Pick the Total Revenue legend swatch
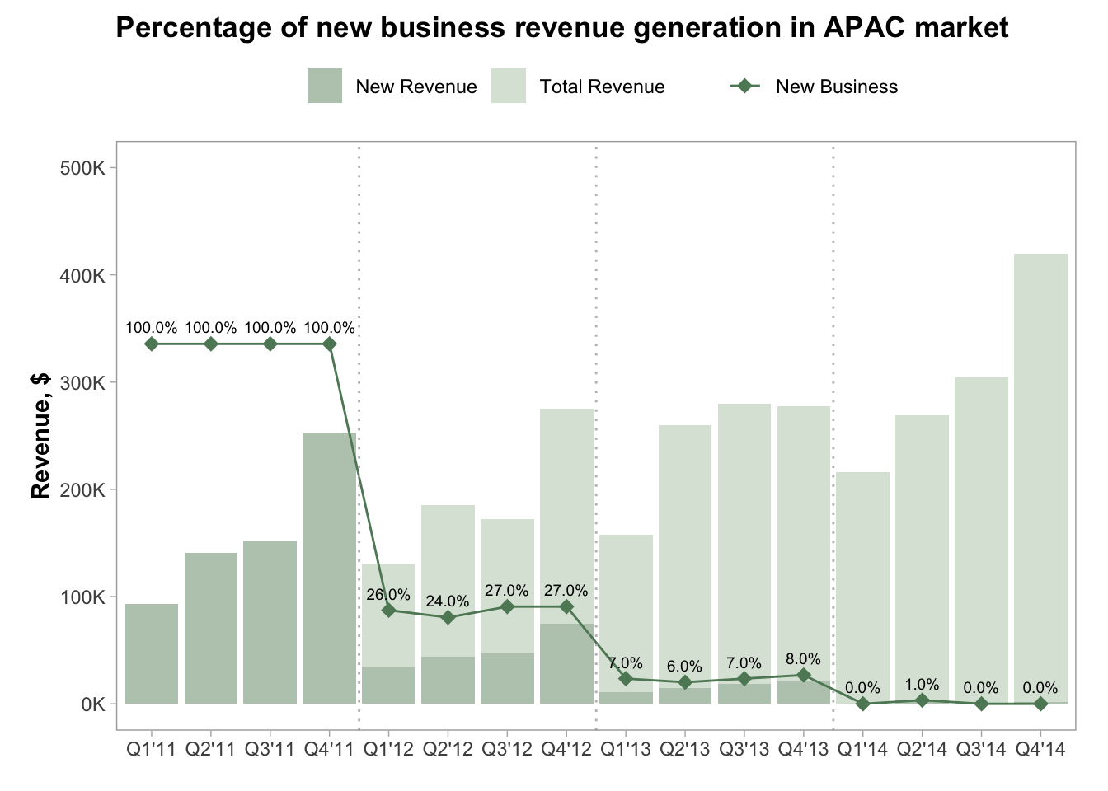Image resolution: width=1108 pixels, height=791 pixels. tap(508, 87)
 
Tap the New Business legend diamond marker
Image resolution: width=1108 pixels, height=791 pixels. tap(745, 87)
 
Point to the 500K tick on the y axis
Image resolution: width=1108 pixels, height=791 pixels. tap(83, 168)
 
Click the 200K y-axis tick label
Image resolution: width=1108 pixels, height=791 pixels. tap(83, 489)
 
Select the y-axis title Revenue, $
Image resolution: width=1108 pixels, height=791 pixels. tap(41, 436)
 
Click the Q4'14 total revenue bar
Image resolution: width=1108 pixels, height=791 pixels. tap(1040, 478)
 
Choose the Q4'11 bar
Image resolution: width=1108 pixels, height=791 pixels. tap(329, 569)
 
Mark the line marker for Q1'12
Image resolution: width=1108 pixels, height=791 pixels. tap(388, 611)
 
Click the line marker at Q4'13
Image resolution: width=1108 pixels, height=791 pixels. tap(804, 676)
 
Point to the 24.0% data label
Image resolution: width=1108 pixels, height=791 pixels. tap(448, 601)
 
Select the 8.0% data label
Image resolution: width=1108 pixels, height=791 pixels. tap(804, 659)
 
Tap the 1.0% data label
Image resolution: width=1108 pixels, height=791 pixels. tap(922, 685)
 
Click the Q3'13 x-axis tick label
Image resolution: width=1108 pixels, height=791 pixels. tap(744, 749)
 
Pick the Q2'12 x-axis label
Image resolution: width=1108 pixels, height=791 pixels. tap(448, 749)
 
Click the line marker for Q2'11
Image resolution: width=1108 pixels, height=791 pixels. tap(211, 344)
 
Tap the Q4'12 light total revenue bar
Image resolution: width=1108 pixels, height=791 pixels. tap(566, 511)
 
